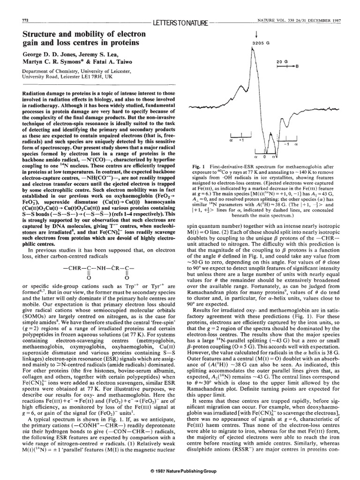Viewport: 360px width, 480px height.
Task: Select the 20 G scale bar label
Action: pyautogui.click(x=281, y=61)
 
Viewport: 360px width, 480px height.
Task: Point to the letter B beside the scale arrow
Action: pyautogui.click(x=296, y=67)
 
